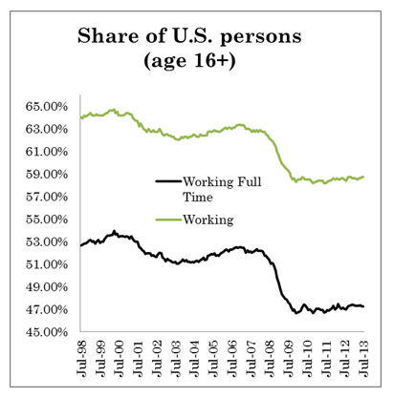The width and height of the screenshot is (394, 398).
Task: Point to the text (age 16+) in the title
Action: [x=197, y=63]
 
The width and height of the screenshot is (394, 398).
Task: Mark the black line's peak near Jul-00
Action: [x=115, y=231]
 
